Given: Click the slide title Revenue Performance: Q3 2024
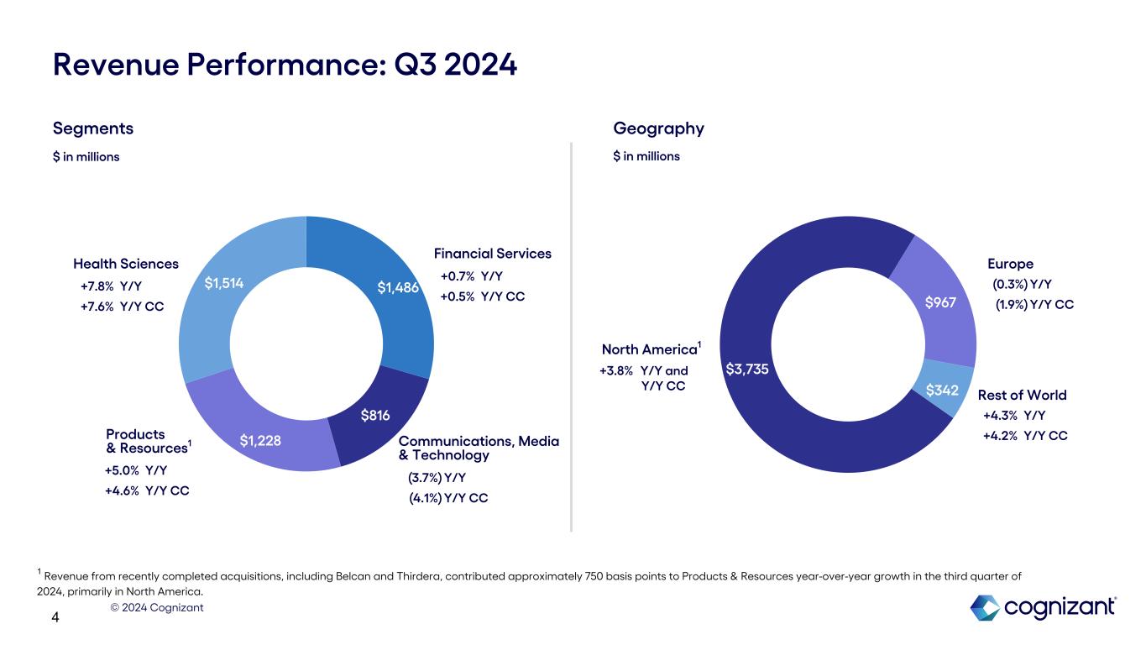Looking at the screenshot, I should [x=285, y=65].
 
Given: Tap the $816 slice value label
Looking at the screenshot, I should [x=374, y=416].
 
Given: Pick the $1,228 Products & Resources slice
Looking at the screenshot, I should [x=260, y=440].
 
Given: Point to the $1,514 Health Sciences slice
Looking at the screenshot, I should [x=224, y=284].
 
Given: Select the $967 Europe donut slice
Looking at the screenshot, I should [x=939, y=302].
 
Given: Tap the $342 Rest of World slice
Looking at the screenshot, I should [x=943, y=391].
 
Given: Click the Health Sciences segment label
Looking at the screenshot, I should [x=126, y=264].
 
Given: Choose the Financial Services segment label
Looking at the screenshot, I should [x=493, y=254].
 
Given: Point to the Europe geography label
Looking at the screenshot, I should [x=1011, y=264].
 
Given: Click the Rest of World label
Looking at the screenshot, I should [x=1023, y=395].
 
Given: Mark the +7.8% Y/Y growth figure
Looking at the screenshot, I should [x=112, y=286].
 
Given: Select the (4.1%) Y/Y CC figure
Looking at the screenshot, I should [x=448, y=498].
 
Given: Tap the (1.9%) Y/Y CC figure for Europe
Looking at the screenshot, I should [x=1034, y=305].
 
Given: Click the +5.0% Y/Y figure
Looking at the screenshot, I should [x=135, y=470].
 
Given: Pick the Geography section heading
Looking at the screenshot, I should [x=659, y=128].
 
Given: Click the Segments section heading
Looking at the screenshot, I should [x=93, y=128].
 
